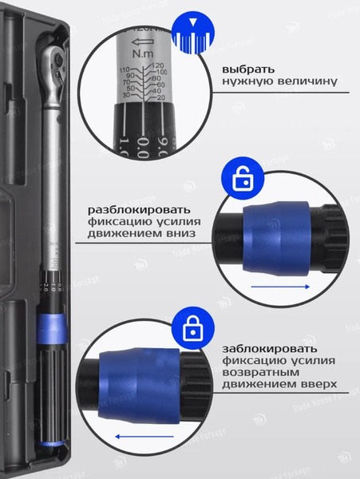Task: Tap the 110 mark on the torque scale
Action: point(125,71)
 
